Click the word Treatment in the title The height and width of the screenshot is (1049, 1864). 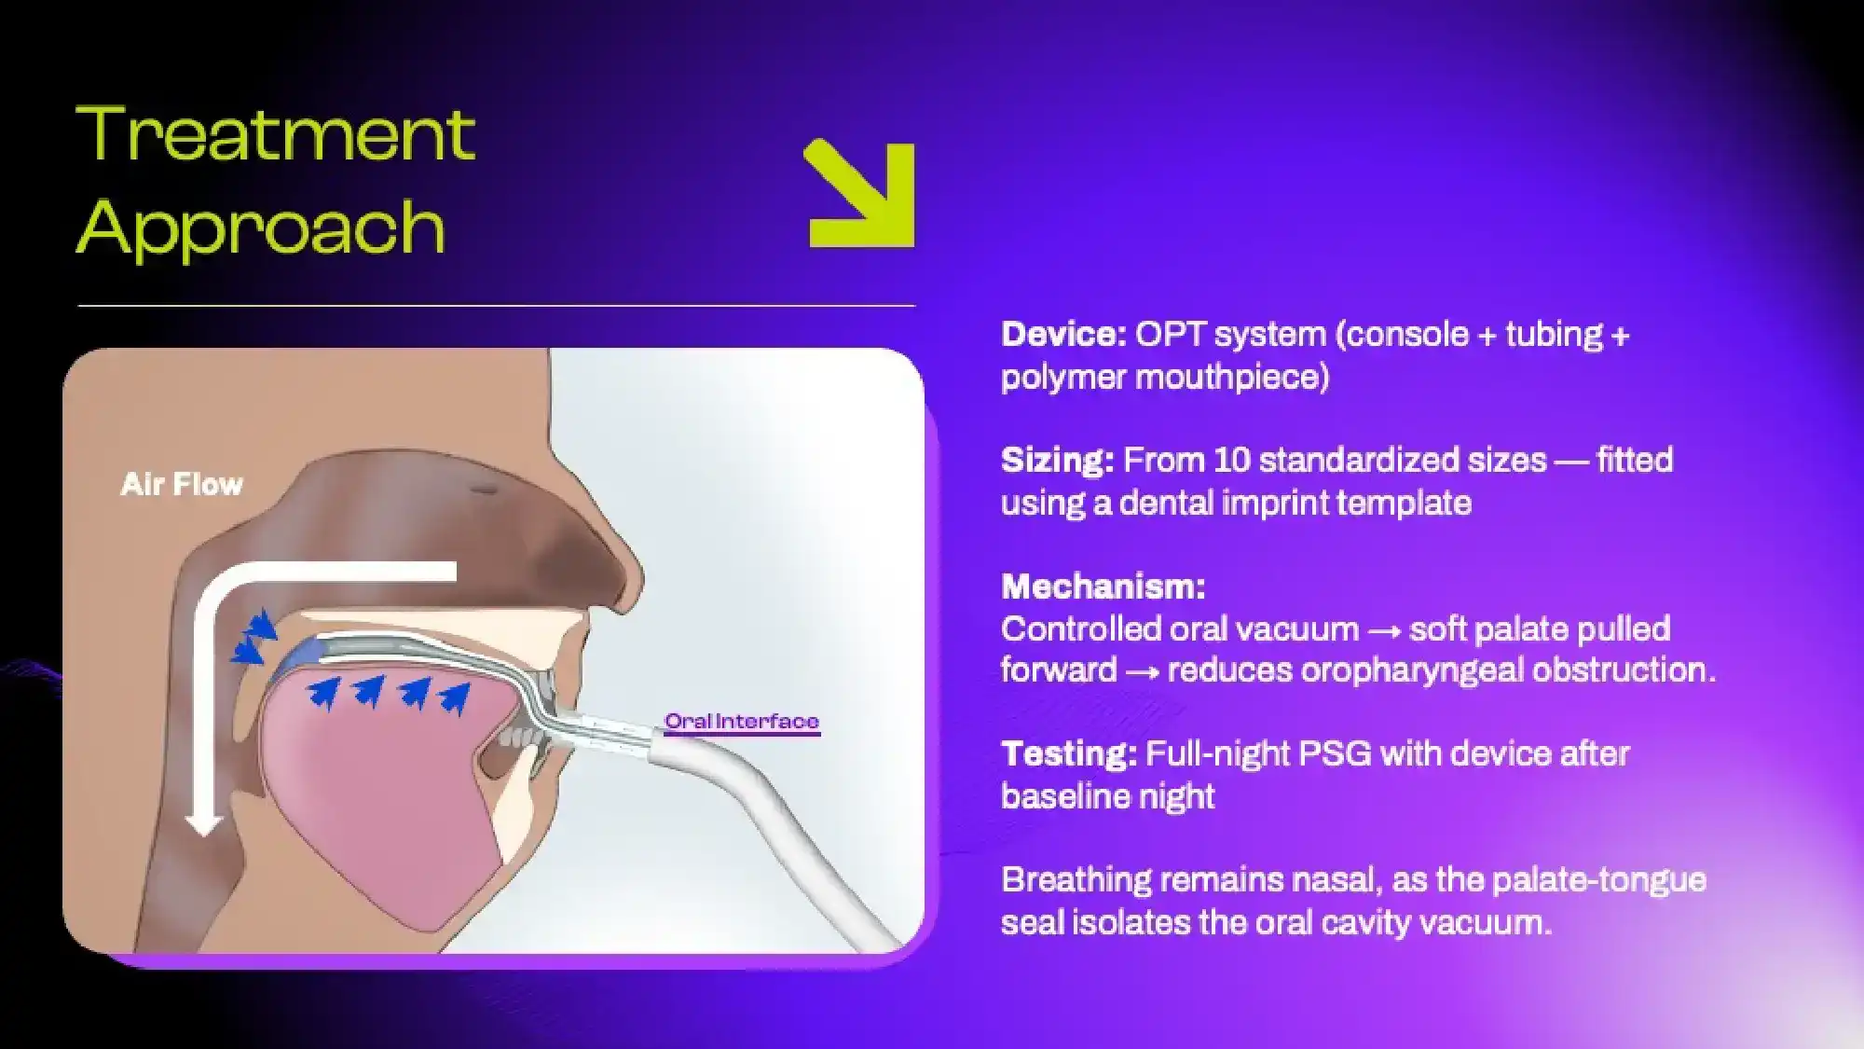[275, 134]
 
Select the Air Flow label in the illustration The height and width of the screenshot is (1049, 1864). [182, 484]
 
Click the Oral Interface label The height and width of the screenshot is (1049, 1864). [741, 721]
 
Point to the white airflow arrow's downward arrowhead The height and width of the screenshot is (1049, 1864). [203, 822]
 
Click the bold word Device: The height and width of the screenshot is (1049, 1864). [1063, 334]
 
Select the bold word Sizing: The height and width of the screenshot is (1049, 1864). [1057, 460]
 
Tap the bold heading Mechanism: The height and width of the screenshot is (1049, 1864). [1103, 587]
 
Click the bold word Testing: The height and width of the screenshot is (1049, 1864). [1068, 753]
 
